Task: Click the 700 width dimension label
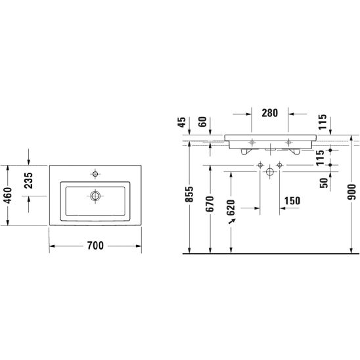click(95, 246)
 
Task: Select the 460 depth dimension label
click(8, 195)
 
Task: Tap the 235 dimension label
click(28, 181)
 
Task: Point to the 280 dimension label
click(270, 113)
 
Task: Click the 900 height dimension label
click(351, 192)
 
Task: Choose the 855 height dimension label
click(190, 194)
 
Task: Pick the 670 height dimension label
click(210, 204)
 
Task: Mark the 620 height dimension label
click(231, 208)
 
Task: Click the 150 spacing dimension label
click(292, 201)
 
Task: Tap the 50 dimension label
click(324, 183)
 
